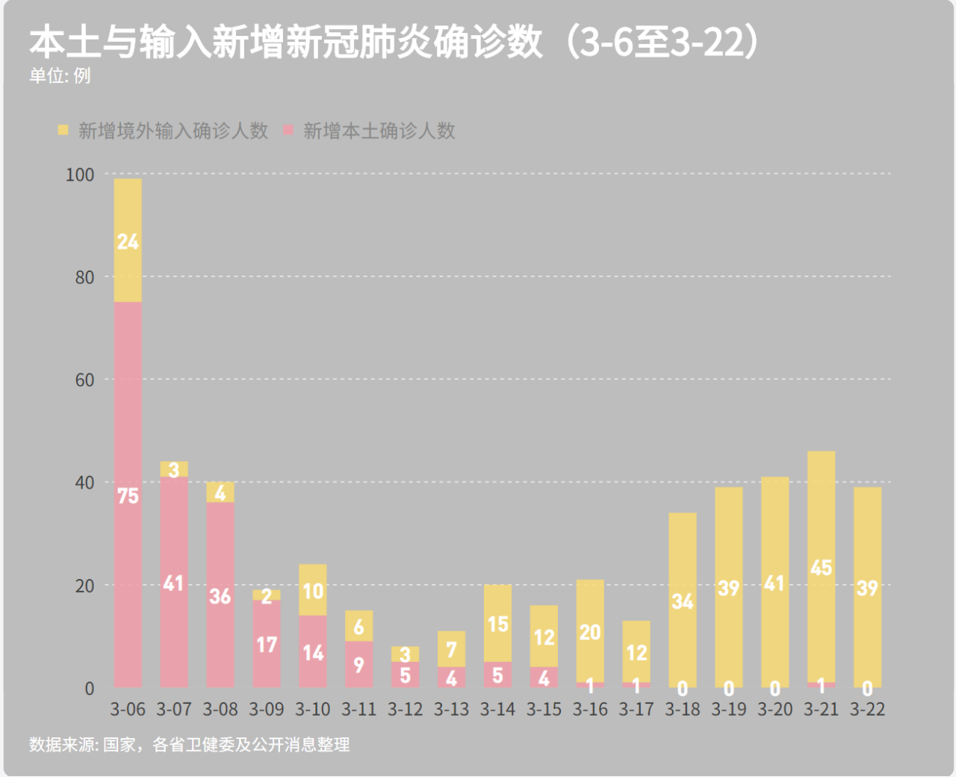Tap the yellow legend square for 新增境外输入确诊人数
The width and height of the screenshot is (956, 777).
[63, 131]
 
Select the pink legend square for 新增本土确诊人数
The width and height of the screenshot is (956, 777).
[289, 131]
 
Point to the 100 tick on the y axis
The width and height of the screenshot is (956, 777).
[80, 175]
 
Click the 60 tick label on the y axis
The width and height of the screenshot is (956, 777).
[84, 380]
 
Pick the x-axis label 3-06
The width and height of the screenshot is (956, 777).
[128, 709]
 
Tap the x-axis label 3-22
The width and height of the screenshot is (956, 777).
[867, 709]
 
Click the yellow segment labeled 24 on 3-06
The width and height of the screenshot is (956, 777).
[128, 241]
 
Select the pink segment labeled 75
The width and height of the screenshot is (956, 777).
[128, 495]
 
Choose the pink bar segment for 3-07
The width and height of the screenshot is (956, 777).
[174, 583]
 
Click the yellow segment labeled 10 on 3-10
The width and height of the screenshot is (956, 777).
[313, 590]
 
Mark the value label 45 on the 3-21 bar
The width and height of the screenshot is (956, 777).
[821, 568]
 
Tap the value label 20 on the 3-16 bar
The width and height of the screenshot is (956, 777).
[590, 633]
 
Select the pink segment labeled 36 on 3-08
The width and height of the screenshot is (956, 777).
[220, 595]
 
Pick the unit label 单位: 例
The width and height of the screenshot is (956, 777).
[60, 76]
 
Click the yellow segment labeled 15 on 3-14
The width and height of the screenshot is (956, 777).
[497, 624]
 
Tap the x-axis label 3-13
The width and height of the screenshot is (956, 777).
[451, 709]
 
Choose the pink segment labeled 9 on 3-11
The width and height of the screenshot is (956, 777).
[359, 664]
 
